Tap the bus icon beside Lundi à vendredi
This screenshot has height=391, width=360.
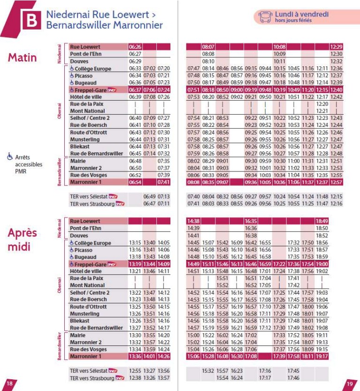(x=266, y=17)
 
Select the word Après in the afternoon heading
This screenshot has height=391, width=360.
(x=22, y=234)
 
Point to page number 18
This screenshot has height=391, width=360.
(x=9, y=383)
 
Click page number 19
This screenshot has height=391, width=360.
(x=350, y=383)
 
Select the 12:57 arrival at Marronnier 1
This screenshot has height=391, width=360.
(x=336, y=182)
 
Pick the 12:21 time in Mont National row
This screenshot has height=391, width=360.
(x=322, y=111)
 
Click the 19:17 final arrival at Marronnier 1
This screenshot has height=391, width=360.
(x=322, y=356)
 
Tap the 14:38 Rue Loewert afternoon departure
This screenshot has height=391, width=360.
(x=193, y=221)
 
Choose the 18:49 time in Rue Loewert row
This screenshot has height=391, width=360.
(x=322, y=221)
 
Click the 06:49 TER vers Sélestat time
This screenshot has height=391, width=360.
(x=149, y=196)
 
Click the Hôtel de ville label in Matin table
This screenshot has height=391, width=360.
(x=84, y=97)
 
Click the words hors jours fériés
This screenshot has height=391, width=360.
(x=293, y=21)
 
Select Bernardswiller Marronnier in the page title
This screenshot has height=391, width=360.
(x=104, y=24)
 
